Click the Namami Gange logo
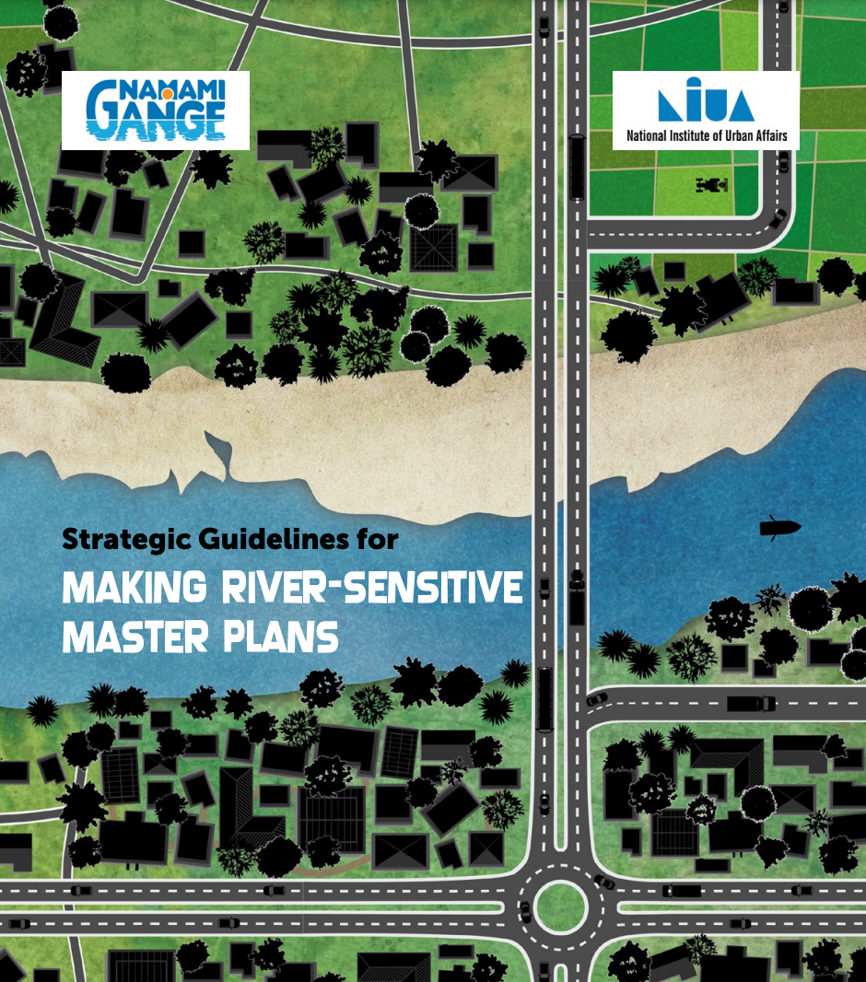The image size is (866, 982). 156,111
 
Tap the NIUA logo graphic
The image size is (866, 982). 706,99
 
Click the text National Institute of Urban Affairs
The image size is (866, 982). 707,135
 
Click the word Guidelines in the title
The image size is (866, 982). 273,539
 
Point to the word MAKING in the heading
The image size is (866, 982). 134,587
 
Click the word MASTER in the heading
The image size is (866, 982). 135,637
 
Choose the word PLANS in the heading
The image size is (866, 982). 280,637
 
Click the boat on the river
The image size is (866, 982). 779,527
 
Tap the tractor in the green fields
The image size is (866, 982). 712,185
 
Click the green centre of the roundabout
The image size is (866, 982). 560,906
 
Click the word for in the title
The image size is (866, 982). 377,539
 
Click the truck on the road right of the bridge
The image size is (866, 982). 751,703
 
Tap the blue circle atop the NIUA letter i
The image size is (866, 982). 694,82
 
